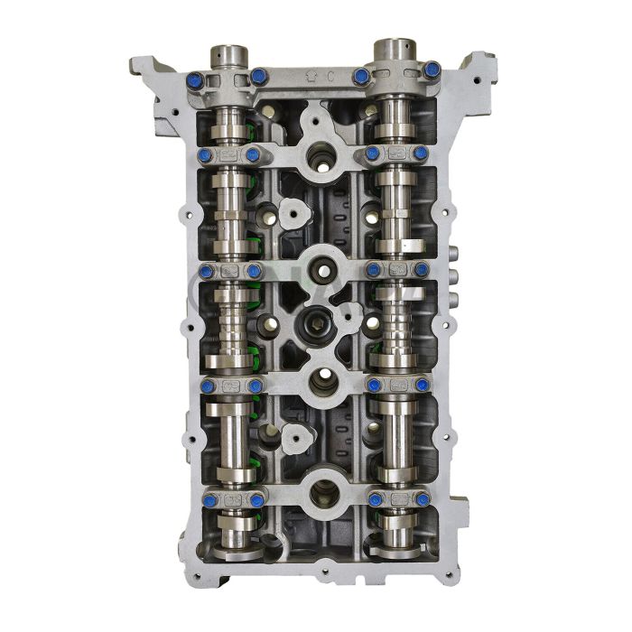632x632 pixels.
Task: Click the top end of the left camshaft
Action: (229, 54)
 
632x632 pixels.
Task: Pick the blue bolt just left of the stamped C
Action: (259, 77)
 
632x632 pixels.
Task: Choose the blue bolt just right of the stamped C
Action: (362, 77)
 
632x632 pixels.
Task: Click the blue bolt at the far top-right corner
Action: (432, 70)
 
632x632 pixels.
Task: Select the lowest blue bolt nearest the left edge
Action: (209, 499)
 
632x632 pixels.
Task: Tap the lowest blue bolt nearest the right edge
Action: (422, 499)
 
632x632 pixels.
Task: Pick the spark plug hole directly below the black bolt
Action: (322, 383)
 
